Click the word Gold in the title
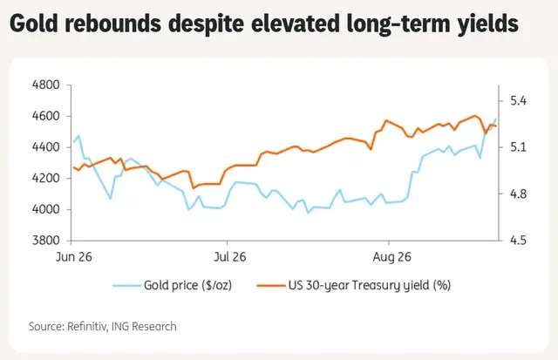point(34,24)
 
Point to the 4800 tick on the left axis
point(46,85)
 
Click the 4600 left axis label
point(46,116)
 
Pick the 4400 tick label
point(46,147)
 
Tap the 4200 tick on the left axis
point(46,179)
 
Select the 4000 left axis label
point(46,209)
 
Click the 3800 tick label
point(46,241)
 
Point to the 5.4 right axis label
point(518,101)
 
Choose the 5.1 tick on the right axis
point(518,147)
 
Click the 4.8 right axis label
point(518,194)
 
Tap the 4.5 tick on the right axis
point(518,241)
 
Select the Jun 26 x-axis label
point(73,257)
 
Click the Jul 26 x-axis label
point(229,257)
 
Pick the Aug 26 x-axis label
point(391,257)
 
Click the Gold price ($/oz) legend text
point(188,285)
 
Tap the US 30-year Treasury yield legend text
point(370,285)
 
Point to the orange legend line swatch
point(271,285)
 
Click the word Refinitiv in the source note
point(87,327)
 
